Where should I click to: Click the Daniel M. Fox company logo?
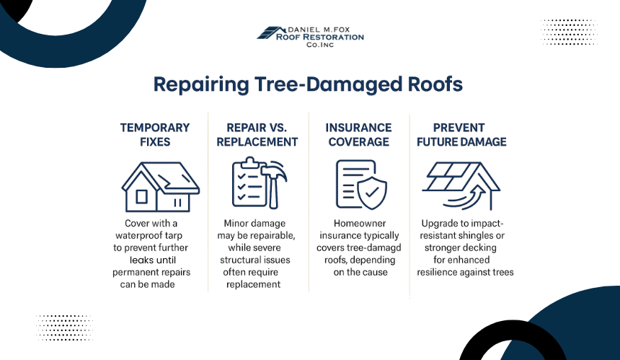click(x=310, y=35)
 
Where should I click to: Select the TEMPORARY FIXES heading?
click(x=155, y=134)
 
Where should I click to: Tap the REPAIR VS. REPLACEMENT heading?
click(x=257, y=134)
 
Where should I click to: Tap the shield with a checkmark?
click(x=373, y=193)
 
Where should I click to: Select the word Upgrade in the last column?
click(x=441, y=224)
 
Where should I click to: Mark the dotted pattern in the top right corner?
click(x=569, y=32)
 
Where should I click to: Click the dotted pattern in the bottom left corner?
click(x=64, y=327)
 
